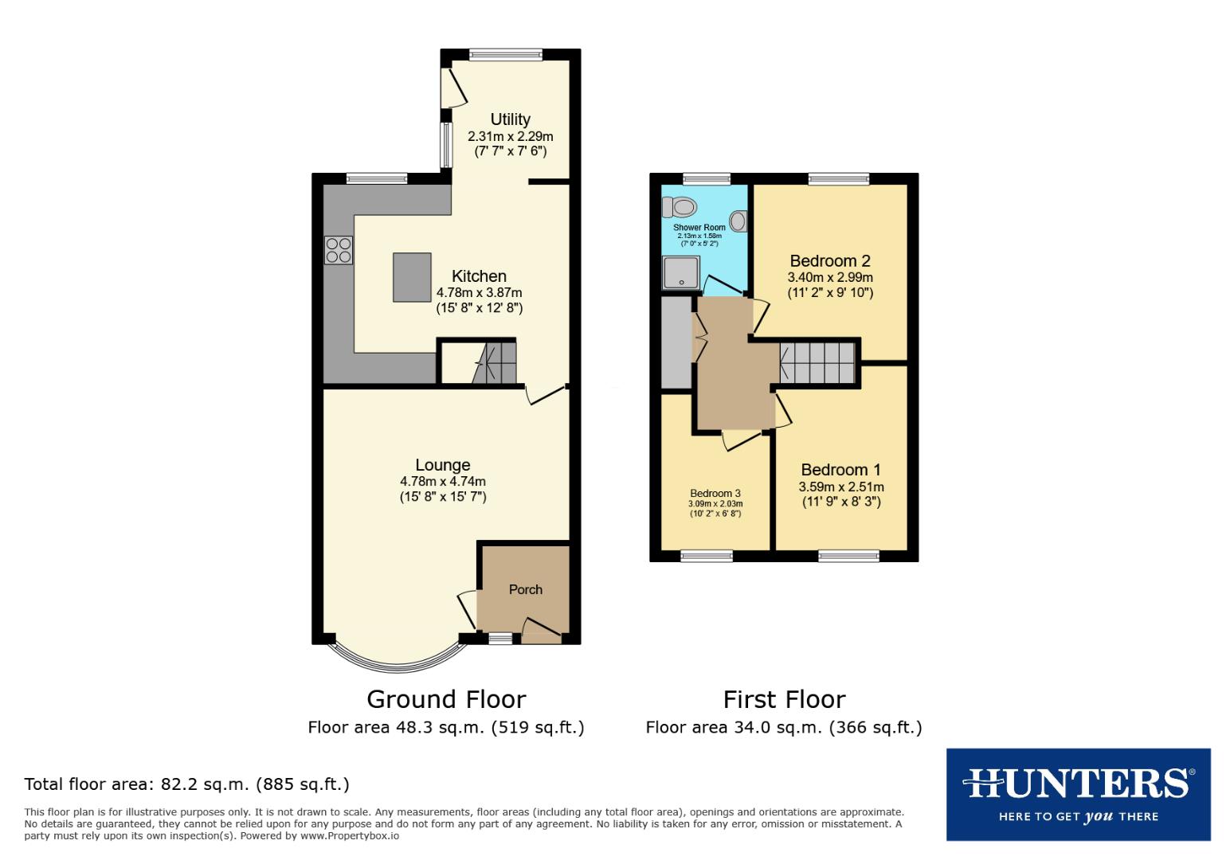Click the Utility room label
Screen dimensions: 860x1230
pos(510,119)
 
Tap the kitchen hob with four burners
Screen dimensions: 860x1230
pos(338,250)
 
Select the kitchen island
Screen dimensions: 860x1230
pos(412,277)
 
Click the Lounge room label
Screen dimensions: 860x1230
pos(443,465)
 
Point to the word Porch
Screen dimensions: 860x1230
pos(525,590)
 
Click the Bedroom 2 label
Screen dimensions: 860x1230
pos(829,261)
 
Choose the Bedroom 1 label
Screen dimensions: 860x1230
pos(840,470)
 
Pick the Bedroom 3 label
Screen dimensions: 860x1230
pos(715,494)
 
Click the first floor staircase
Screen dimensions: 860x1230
pos(817,363)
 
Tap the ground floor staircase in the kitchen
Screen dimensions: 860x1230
pos(495,362)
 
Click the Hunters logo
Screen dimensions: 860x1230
pos(1078,794)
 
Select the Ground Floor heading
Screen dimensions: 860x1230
pos(446,699)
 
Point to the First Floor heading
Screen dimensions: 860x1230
pos(784,699)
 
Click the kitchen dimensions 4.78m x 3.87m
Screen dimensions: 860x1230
pos(479,292)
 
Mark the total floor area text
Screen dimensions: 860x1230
pos(187,784)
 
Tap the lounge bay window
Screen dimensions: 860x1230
pos(398,658)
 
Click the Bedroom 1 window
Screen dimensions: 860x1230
pos(848,556)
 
